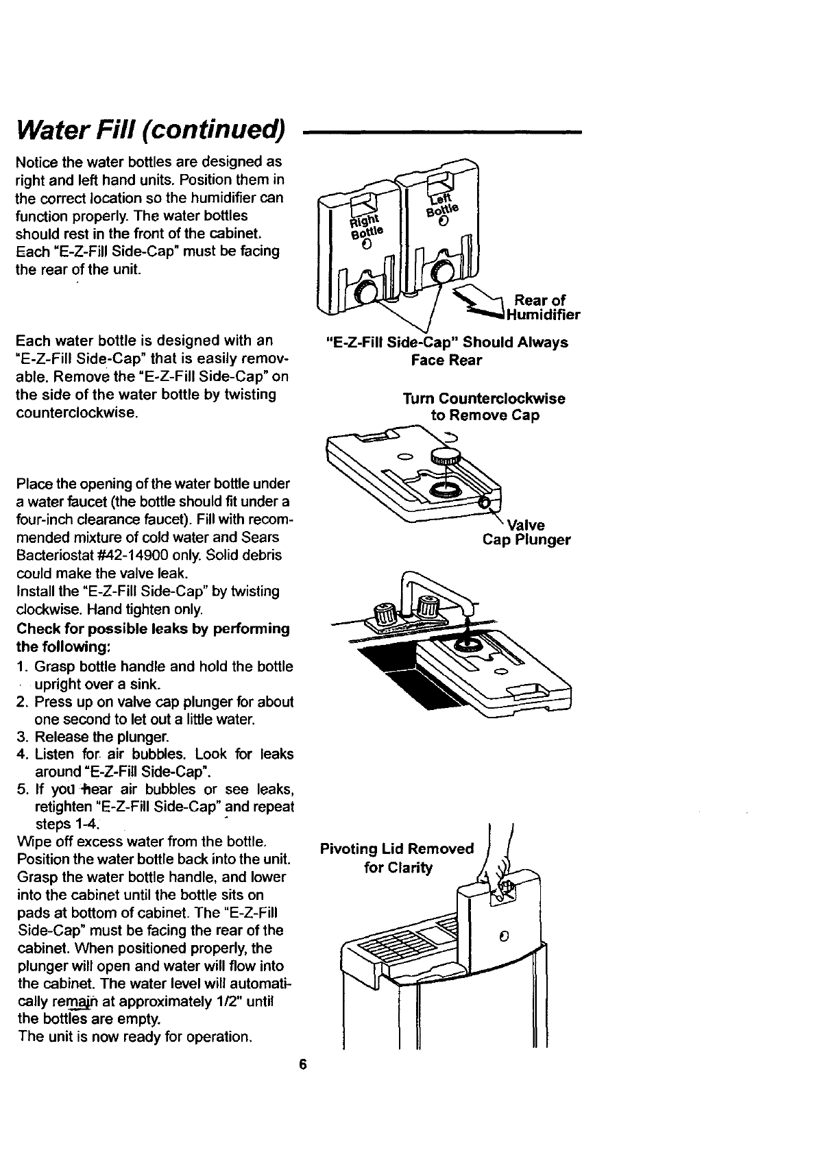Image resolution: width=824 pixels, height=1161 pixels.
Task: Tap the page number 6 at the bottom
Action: click(x=302, y=1064)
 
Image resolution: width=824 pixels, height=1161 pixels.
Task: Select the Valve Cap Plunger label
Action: click(x=526, y=533)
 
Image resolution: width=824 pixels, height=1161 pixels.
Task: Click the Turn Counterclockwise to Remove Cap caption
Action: click(x=484, y=407)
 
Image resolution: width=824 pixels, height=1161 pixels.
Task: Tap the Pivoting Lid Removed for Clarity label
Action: click(x=397, y=858)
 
